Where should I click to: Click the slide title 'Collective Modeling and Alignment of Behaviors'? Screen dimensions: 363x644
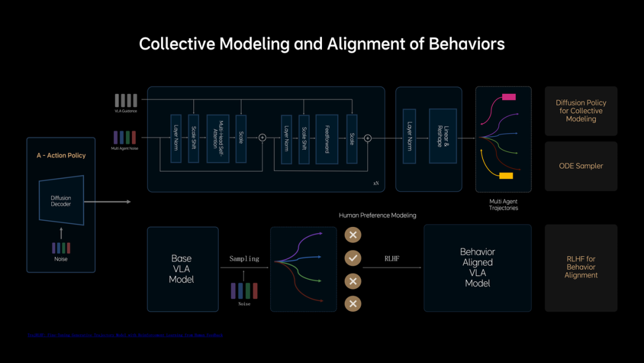(322, 44)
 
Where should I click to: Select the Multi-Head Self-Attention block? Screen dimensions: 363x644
(218, 139)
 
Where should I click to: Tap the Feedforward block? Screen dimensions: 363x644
(327, 139)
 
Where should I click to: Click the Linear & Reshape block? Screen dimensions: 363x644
(442, 136)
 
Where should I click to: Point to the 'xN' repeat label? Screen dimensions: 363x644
(376, 183)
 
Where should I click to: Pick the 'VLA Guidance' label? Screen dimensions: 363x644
(126, 111)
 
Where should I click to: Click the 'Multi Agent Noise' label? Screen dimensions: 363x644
(125, 148)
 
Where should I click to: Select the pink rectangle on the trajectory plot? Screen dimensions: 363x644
(509, 97)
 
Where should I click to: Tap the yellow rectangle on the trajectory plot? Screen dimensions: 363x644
(506, 176)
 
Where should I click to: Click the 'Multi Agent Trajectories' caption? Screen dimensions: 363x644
(503, 205)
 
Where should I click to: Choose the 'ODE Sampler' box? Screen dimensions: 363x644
(581, 166)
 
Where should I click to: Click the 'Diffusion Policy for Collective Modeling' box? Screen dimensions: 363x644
(581, 111)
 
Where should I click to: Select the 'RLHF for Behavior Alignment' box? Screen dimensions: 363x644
(581, 267)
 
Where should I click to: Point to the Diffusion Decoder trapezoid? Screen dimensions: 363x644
(61, 200)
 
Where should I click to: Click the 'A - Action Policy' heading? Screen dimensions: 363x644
(61, 155)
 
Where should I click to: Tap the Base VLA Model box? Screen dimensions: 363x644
(182, 269)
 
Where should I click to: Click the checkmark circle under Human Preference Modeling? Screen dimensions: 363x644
(353, 258)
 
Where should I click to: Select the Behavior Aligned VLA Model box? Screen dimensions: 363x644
(477, 267)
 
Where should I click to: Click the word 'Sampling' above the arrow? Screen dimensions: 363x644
(244, 259)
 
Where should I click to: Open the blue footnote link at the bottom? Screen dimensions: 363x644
(125, 336)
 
